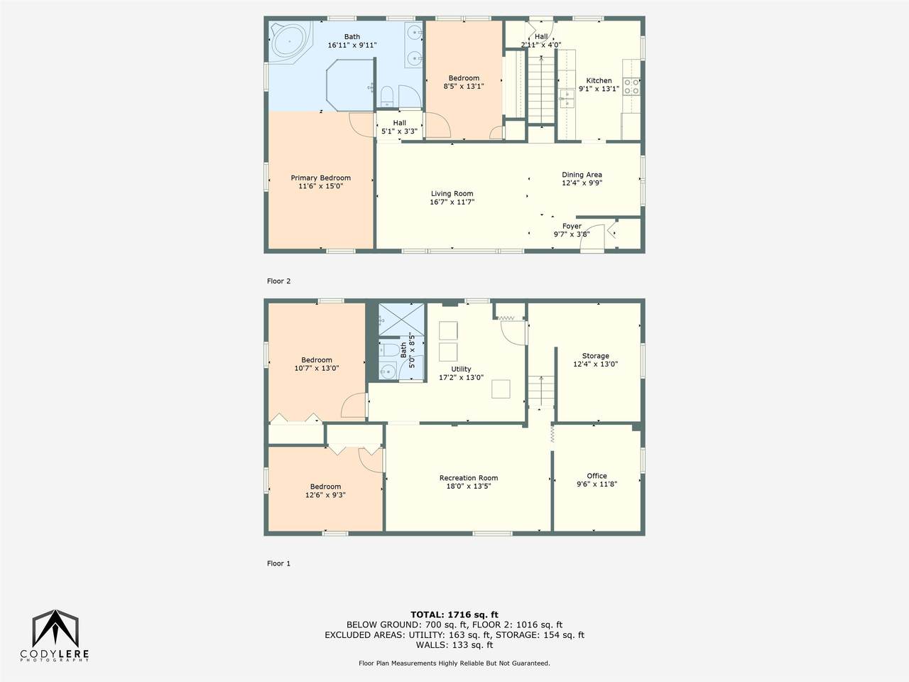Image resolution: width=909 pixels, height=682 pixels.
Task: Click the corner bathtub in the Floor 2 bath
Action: click(x=290, y=42)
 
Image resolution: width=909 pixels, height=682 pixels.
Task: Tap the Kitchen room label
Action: click(x=599, y=81)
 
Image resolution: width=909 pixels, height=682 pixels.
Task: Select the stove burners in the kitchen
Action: click(x=631, y=87)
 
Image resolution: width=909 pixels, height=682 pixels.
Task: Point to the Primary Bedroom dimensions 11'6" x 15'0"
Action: click(x=320, y=186)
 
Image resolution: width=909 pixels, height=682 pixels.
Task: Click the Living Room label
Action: click(x=452, y=193)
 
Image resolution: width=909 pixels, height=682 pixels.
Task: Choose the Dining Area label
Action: click(x=582, y=175)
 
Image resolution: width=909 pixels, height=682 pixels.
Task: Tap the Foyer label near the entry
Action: click(x=572, y=226)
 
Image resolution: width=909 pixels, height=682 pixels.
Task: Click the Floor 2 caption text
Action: click(x=278, y=281)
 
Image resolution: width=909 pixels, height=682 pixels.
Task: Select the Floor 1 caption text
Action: click(x=278, y=563)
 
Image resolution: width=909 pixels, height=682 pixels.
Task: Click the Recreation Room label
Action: click(x=469, y=478)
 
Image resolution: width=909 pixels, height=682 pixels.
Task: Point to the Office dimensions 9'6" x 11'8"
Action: click(x=597, y=484)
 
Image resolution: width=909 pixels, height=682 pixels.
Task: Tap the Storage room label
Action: click(x=596, y=356)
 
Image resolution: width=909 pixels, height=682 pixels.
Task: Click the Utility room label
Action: click(x=461, y=369)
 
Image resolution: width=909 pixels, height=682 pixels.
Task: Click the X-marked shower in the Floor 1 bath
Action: click(x=402, y=319)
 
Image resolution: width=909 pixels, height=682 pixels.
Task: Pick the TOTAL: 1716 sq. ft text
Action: click(x=454, y=615)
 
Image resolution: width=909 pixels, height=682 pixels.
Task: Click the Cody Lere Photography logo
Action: click(x=55, y=636)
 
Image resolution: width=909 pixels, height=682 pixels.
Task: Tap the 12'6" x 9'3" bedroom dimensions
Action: click(x=325, y=495)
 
